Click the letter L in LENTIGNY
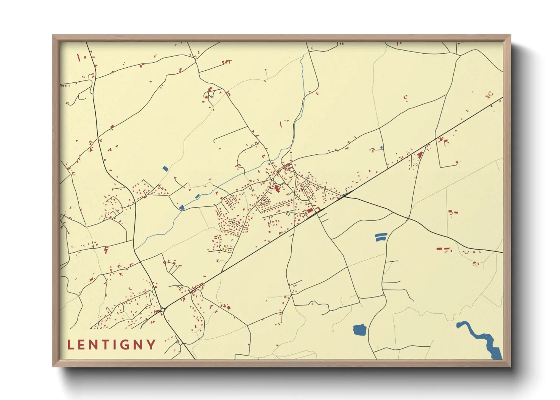click(x=70, y=345)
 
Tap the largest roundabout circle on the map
click(x=163, y=310)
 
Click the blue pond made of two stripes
click(x=381, y=237)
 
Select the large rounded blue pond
click(x=359, y=330)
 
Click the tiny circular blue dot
click(x=381, y=147)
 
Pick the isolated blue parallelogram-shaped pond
click(x=165, y=168)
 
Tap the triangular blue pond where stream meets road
click(x=182, y=207)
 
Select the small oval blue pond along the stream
click(x=197, y=196)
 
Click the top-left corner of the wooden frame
click(x=53, y=36)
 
